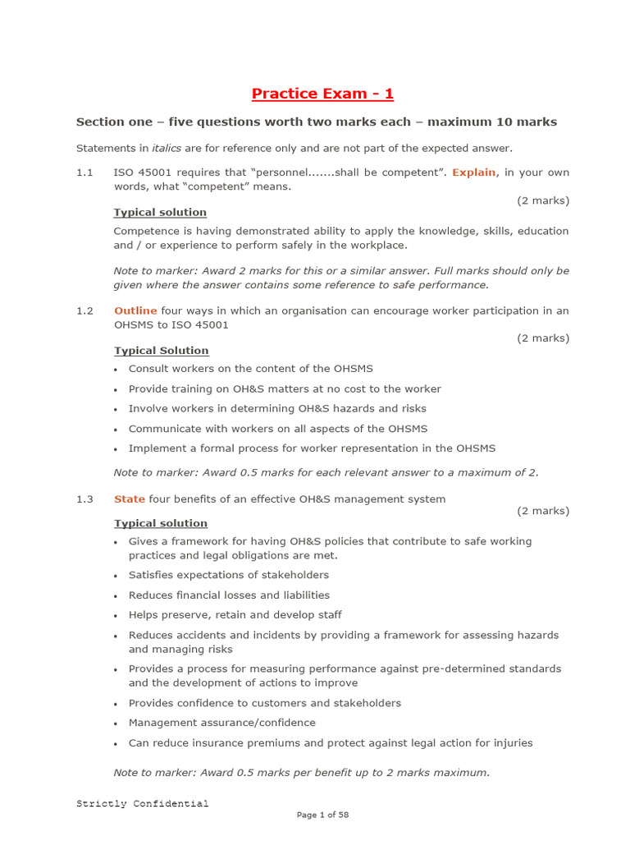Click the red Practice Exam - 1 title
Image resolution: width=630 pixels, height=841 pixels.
[322, 94]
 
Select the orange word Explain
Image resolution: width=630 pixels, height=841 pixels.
[473, 172]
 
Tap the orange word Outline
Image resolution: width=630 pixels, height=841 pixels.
[135, 311]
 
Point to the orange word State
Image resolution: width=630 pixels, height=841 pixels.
[129, 499]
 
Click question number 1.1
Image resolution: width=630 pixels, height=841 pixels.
[84, 172]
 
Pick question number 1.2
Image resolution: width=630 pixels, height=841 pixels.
[84, 311]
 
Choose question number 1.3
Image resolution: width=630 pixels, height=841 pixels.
[84, 499]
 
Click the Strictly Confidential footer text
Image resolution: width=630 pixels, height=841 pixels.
[143, 803]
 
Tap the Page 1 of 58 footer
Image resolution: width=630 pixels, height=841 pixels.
[322, 815]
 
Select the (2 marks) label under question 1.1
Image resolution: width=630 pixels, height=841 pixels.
[542, 200]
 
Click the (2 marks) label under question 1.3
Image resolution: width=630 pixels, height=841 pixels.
[542, 511]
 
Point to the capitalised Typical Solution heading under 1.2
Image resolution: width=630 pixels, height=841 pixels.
[161, 351]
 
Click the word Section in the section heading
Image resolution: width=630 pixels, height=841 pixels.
[98, 122]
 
